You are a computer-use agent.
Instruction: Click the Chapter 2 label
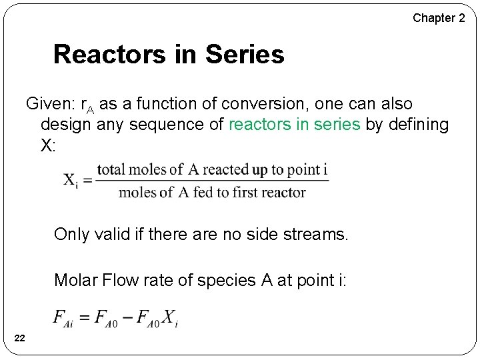click(x=439, y=18)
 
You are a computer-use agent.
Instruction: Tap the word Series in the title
click(x=245, y=55)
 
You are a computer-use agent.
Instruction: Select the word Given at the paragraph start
click(x=49, y=105)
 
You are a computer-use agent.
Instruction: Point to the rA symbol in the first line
click(x=87, y=106)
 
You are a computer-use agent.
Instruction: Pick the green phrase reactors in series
click(x=294, y=125)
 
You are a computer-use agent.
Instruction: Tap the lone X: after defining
click(x=48, y=145)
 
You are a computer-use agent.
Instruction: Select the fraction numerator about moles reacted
click(x=213, y=169)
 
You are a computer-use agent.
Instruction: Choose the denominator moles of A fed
click(x=212, y=193)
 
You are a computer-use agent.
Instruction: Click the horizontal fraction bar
click(x=213, y=181)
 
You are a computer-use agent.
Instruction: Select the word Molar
click(x=75, y=280)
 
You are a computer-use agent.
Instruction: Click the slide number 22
click(x=20, y=339)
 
